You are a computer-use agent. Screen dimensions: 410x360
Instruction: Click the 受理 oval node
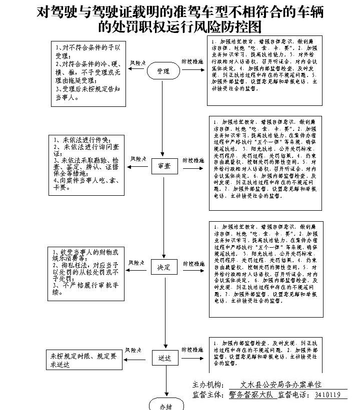point(163,71)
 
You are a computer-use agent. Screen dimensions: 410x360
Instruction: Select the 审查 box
point(164,166)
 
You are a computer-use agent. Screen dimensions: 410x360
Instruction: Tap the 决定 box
point(164,267)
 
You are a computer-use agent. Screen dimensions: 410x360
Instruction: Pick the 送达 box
point(164,358)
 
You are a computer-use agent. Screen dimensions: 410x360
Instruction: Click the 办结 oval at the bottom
point(165,406)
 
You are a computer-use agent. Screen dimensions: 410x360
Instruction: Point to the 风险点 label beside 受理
point(137,63)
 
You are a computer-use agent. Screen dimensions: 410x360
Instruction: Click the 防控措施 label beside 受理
point(192,62)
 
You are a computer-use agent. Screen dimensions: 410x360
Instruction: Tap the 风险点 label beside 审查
point(138,159)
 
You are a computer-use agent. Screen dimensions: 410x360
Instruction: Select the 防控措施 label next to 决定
point(193,263)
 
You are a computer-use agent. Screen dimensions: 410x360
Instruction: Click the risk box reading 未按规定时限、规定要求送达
point(84,360)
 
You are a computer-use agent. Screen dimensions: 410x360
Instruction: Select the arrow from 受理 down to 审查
point(163,120)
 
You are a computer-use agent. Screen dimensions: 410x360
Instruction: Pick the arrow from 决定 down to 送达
point(164,312)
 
